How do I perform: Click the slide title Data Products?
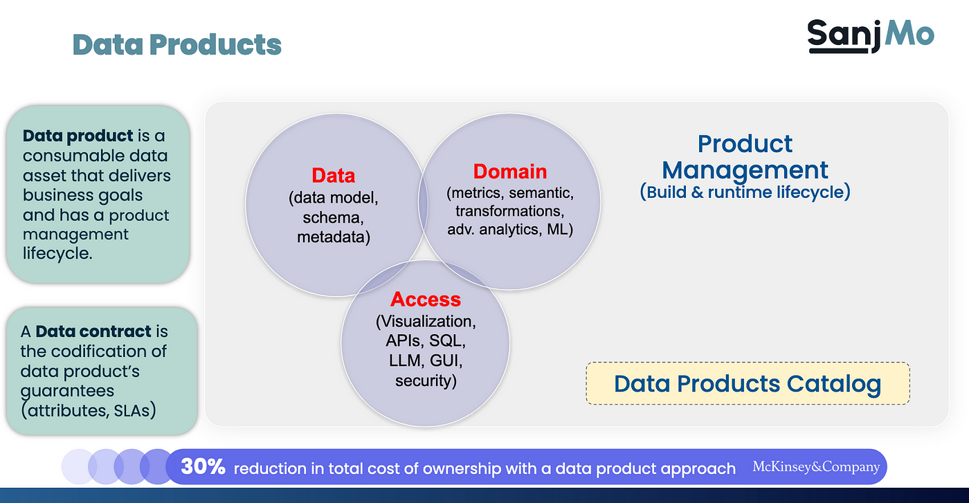point(177,44)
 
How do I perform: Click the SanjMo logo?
point(871,37)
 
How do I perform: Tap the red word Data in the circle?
point(334,176)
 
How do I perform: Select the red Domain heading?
point(510,172)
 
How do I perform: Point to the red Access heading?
point(426,300)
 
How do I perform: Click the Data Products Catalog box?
point(748,383)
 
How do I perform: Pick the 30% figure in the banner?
point(203,466)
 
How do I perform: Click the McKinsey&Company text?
point(816,466)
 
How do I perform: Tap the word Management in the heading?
point(745,170)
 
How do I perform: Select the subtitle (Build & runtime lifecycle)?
point(745,192)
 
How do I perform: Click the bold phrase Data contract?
point(93,331)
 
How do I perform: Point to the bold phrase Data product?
point(78,136)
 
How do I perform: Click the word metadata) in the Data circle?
point(334,237)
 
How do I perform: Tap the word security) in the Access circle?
point(426,381)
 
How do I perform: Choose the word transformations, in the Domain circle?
point(510,211)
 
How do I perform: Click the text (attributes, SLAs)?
point(89,410)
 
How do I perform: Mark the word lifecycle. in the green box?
point(57,253)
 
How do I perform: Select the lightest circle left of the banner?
point(79,466)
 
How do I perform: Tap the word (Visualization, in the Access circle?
point(426,321)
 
